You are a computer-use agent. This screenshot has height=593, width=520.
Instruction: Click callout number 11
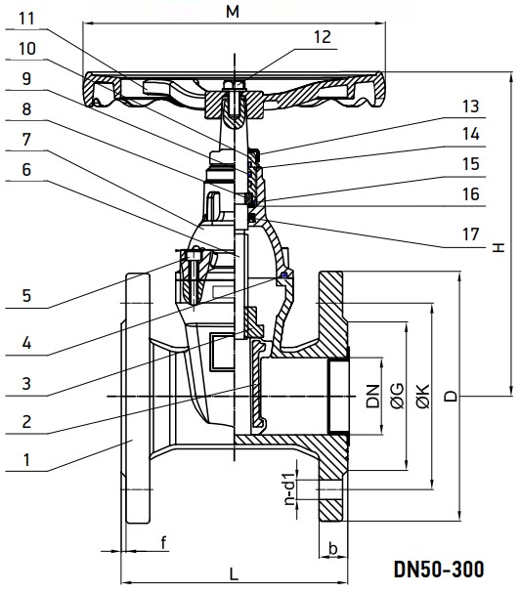coord(25,18)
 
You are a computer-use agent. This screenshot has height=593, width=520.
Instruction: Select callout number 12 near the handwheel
coord(323,36)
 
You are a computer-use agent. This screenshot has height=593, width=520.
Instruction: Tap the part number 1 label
coord(26,458)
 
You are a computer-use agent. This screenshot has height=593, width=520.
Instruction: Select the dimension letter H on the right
coord(499,244)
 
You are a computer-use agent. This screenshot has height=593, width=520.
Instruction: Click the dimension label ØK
coord(422,396)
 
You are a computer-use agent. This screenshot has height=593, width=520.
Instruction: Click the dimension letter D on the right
coord(450,396)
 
